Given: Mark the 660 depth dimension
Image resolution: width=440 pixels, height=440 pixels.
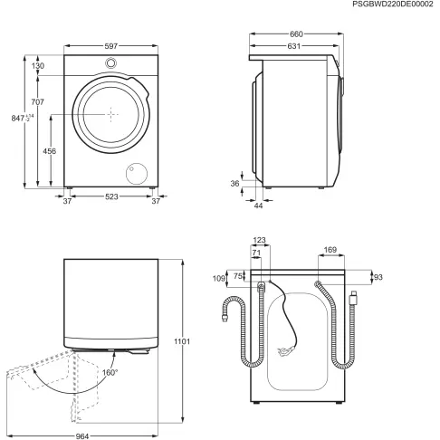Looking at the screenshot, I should click(295, 35).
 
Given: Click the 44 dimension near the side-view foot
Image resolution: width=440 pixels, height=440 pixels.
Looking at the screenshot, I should click(257, 207).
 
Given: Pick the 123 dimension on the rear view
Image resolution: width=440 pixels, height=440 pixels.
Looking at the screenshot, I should click(261, 240).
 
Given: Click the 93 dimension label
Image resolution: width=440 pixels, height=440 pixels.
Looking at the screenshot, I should click(378, 276).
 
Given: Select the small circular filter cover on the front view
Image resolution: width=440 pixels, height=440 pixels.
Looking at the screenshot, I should click(138, 173).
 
